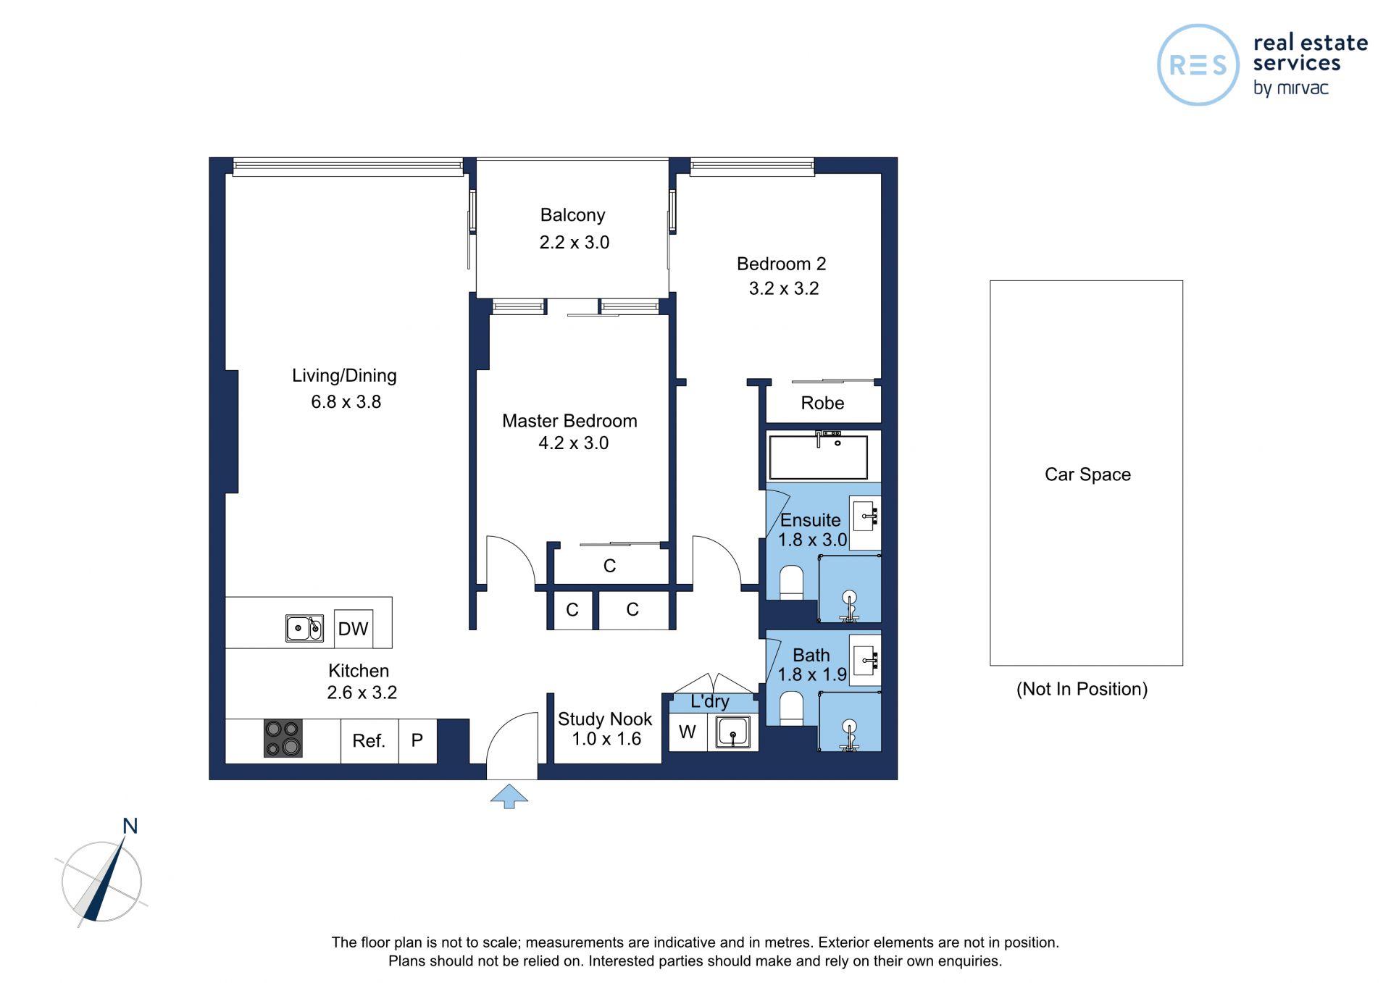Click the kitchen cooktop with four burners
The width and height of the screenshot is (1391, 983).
tap(283, 738)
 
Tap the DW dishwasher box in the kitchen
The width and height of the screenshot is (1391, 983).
tap(354, 628)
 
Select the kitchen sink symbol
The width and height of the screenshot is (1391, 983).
tap(304, 628)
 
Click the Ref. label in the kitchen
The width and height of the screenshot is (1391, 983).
tap(369, 740)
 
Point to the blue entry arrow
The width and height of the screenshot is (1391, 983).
tap(509, 795)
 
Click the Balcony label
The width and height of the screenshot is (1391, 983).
tap(572, 215)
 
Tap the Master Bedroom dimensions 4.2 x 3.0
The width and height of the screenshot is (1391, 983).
tap(573, 443)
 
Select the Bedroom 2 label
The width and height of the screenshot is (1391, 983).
tap(781, 264)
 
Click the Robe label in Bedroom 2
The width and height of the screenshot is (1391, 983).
tap(822, 403)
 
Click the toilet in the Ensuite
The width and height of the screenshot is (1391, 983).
tap(792, 582)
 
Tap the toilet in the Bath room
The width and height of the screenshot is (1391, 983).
tap(792, 708)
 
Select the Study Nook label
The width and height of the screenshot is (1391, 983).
tap(605, 719)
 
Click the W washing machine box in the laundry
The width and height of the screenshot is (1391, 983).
tap(688, 732)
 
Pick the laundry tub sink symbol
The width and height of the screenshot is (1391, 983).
tap(733, 732)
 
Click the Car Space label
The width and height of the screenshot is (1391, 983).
tap(1087, 474)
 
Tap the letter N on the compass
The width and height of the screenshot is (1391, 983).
tap(130, 826)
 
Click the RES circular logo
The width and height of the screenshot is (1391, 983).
tap(1198, 65)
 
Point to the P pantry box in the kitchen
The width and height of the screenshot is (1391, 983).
tap(417, 740)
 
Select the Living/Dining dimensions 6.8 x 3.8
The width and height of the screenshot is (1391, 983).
tap(346, 401)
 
